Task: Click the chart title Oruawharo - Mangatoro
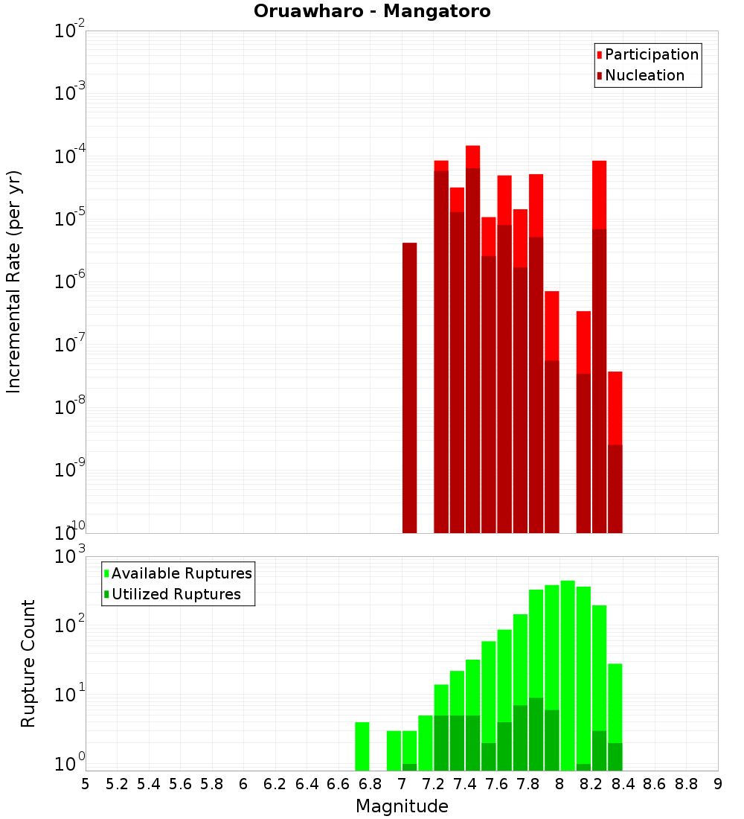(372, 12)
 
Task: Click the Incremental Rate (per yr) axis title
(14, 281)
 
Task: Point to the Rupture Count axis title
(28, 663)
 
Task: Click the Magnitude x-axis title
(402, 806)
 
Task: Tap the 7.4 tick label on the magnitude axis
(465, 784)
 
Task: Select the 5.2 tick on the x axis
(117, 784)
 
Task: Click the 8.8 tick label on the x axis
(686, 784)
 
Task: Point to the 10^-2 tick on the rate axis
(70, 31)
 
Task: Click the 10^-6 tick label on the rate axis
(70, 282)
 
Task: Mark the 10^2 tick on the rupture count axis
(70, 625)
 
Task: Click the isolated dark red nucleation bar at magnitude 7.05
(409, 387)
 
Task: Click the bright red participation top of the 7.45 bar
(472, 156)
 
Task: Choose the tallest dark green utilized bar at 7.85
(536, 733)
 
